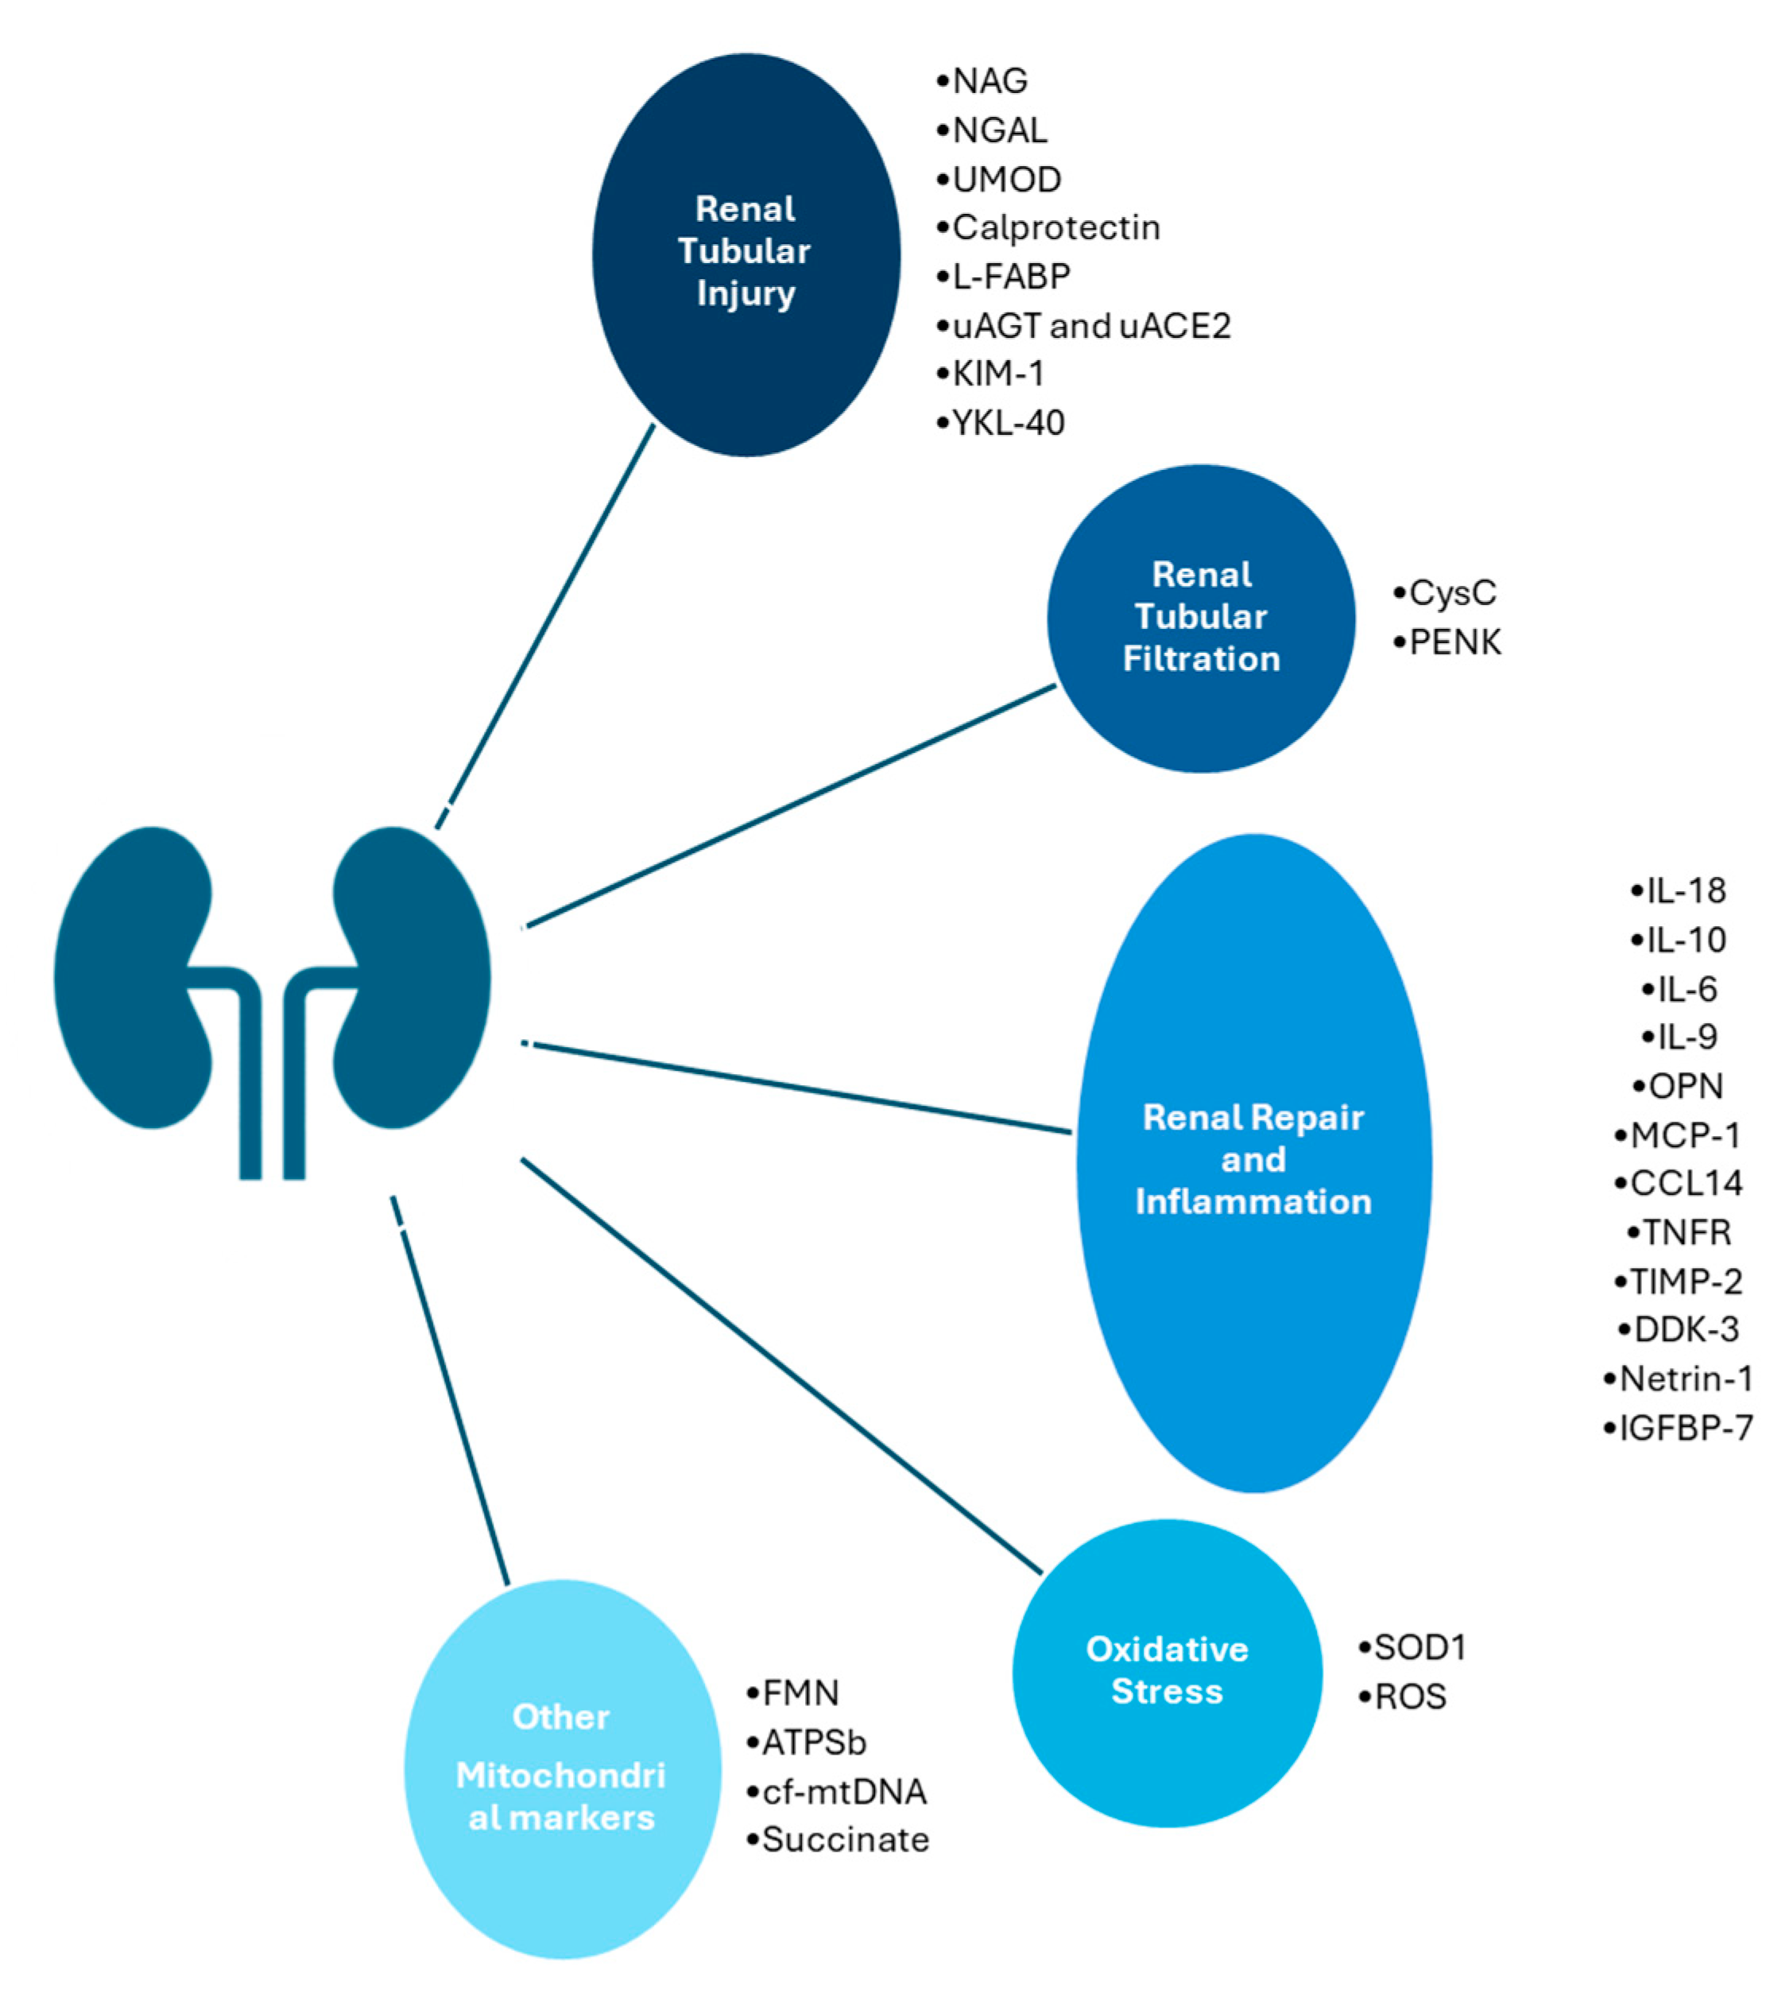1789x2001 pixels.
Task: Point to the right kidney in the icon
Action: pyautogui.click(x=412, y=979)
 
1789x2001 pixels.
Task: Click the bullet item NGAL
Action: pyautogui.click(x=999, y=130)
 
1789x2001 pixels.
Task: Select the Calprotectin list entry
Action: pyautogui.click(x=1055, y=227)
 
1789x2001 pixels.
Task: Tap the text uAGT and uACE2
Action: pyautogui.click(x=1091, y=325)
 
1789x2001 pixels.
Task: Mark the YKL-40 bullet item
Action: pyautogui.click(x=1008, y=423)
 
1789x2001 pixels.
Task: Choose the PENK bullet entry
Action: pyautogui.click(x=1454, y=642)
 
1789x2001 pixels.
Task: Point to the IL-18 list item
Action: pyautogui.click(x=1685, y=890)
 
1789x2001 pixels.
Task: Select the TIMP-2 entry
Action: pyautogui.click(x=1685, y=1282)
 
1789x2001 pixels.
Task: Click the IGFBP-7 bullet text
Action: pyautogui.click(x=1685, y=1428)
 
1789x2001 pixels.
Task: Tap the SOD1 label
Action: pyautogui.click(x=1419, y=1647)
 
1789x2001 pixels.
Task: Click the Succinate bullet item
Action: pyautogui.click(x=844, y=1839)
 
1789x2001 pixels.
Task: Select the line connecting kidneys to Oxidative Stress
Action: pyautogui.click(x=781, y=1367)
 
